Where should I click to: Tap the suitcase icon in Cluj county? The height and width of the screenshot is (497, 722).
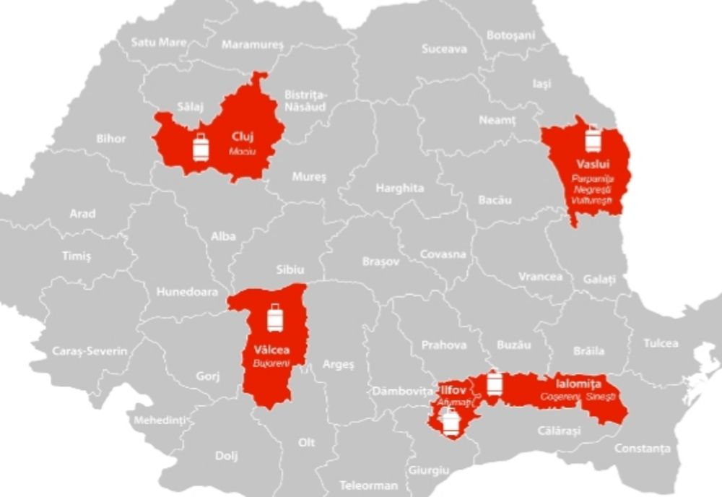click(201, 147)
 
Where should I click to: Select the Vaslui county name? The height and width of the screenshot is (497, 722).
click(591, 163)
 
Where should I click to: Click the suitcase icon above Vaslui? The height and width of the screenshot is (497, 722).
click(593, 137)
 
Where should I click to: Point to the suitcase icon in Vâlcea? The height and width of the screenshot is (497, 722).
click(274, 317)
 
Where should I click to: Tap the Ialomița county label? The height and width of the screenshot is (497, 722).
click(578, 384)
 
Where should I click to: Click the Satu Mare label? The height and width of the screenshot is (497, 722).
click(158, 42)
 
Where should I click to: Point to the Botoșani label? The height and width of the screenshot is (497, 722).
click(511, 35)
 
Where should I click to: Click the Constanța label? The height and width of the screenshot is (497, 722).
click(642, 449)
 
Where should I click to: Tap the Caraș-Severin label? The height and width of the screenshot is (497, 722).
click(90, 351)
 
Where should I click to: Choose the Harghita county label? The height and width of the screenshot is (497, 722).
click(399, 188)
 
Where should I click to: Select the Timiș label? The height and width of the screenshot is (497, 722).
click(77, 256)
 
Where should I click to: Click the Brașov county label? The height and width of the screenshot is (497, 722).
click(380, 262)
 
